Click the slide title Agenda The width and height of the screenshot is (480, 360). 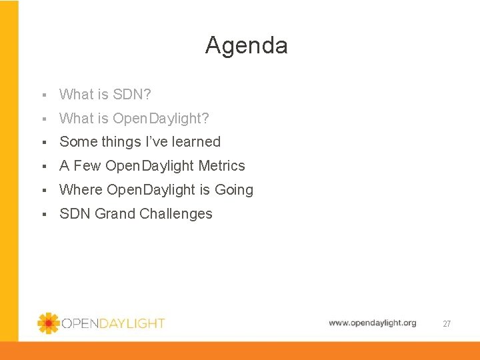(246, 45)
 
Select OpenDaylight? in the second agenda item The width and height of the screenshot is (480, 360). (161, 119)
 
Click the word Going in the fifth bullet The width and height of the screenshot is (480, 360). (233, 190)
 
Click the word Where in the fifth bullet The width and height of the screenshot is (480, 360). (81, 190)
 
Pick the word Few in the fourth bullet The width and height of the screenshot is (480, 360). (87, 166)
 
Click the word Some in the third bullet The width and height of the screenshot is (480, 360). (78, 142)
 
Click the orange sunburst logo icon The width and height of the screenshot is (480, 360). (49, 323)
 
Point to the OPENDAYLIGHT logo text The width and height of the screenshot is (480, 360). (113, 323)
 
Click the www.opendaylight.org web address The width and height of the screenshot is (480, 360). (372, 323)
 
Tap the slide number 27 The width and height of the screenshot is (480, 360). (447, 324)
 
